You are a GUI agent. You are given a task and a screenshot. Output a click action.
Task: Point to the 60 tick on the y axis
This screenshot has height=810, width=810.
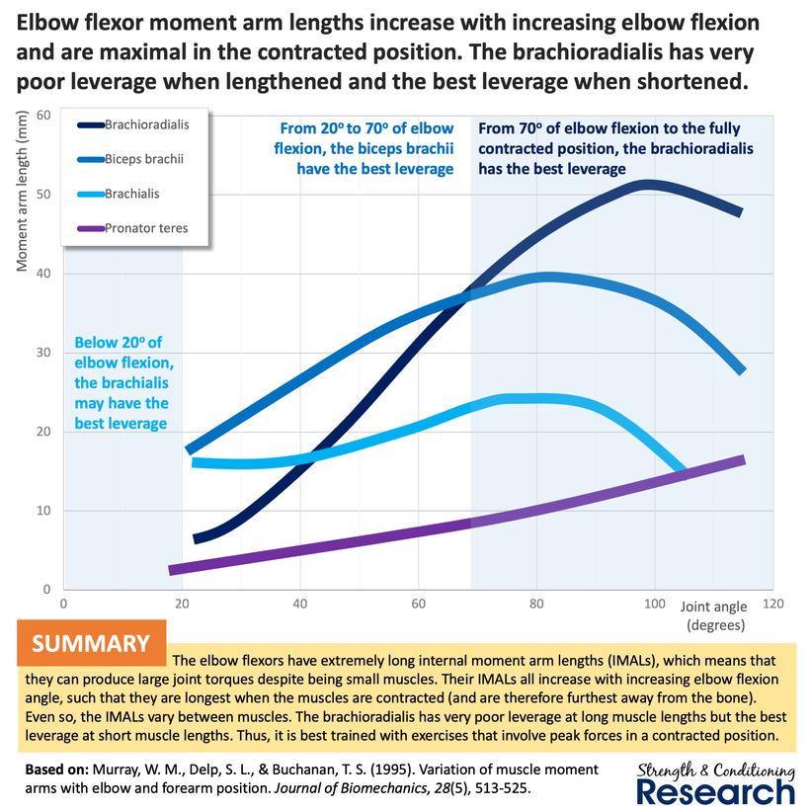pos(42,115)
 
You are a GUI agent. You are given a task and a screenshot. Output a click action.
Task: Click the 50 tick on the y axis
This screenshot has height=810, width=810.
pos(42,194)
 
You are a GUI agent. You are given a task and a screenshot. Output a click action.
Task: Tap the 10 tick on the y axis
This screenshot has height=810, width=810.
pos(42,511)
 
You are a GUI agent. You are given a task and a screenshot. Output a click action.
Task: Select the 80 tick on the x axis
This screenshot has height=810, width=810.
pos(536,604)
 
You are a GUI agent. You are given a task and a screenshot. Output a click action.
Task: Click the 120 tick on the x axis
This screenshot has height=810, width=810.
pos(772,604)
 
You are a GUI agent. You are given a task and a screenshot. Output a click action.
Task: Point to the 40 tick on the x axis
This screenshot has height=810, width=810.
pos(300,604)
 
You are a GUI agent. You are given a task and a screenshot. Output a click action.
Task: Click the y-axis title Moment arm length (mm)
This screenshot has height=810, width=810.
pos(22,194)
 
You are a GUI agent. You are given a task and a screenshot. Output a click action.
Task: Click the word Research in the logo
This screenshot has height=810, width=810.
pos(715,790)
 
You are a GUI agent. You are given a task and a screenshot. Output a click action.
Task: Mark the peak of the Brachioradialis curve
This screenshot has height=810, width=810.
pos(649,185)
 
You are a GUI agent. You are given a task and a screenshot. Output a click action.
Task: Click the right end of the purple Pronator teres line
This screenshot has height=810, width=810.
pos(741,459)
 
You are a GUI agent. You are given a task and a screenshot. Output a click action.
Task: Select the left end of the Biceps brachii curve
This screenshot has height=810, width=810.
pos(190,449)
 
